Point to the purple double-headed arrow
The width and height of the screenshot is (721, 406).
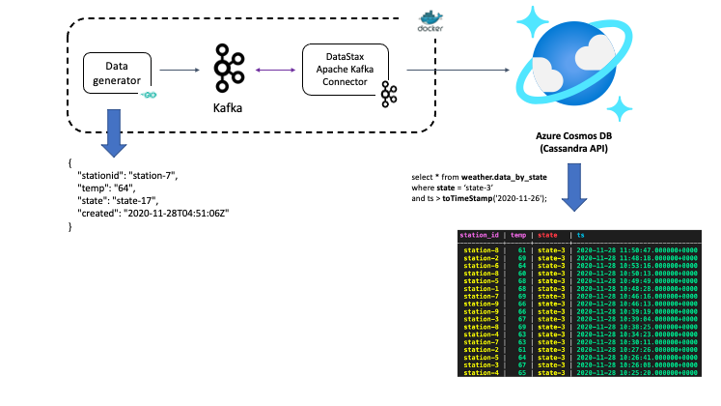274,70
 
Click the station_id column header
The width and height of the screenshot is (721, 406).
479,234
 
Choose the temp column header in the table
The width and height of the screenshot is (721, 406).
518,234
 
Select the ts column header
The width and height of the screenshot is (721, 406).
580,234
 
